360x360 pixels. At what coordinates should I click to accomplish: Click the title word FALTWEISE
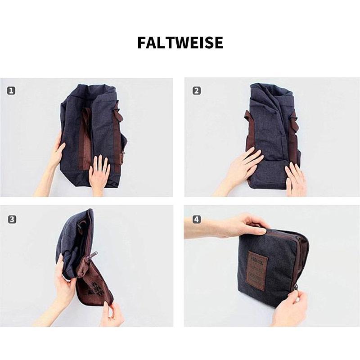click(180, 42)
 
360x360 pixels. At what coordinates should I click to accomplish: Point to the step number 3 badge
click(12, 220)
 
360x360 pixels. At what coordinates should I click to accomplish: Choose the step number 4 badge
click(196, 220)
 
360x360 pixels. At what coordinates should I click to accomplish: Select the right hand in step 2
click(295, 178)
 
